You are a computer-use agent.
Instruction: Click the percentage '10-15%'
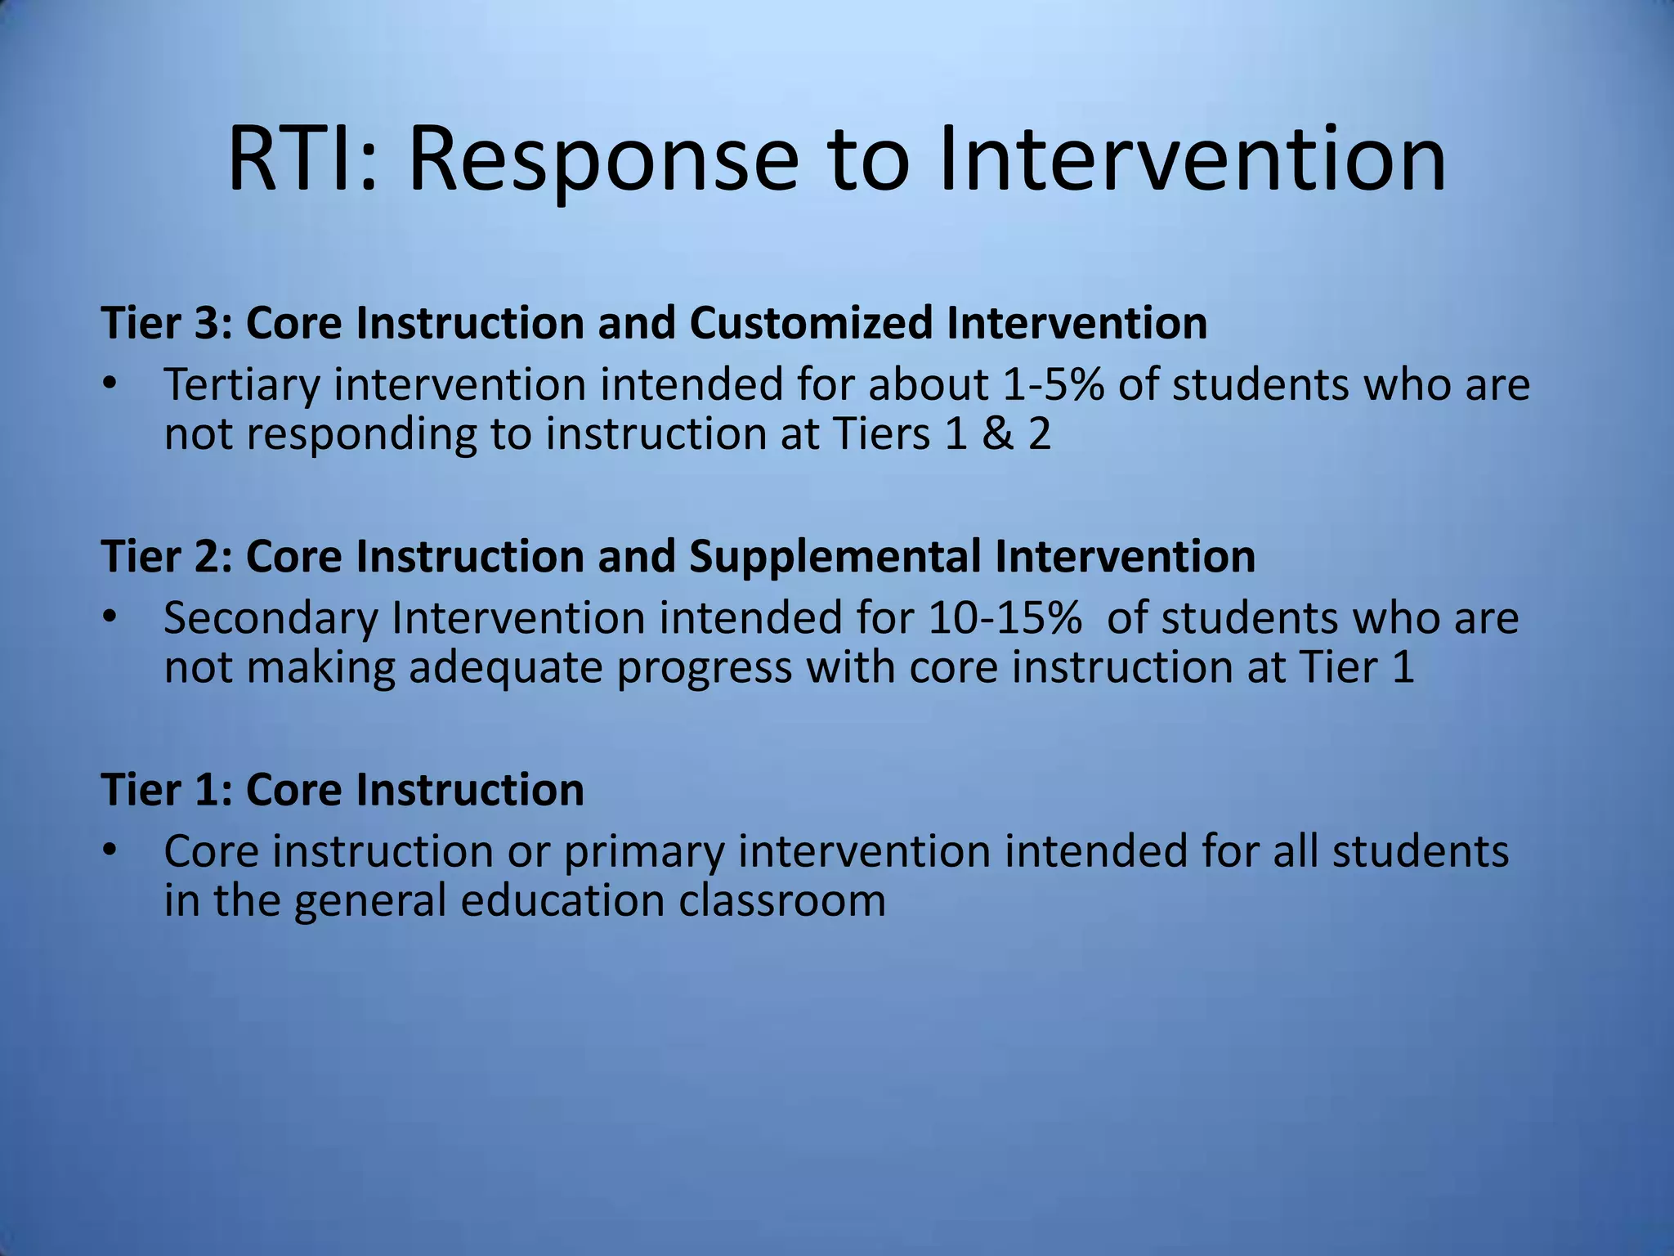pyautogui.click(x=1005, y=618)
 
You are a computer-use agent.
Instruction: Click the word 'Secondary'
pyautogui.click(x=271, y=619)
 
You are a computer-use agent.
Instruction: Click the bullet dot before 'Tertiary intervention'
pyautogui.click(x=111, y=383)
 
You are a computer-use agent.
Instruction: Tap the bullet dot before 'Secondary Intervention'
pyautogui.click(x=111, y=617)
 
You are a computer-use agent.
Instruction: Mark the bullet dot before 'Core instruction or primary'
pyautogui.click(x=111, y=850)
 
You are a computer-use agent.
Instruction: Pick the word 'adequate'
pyautogui.click(x=506, y=668)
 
